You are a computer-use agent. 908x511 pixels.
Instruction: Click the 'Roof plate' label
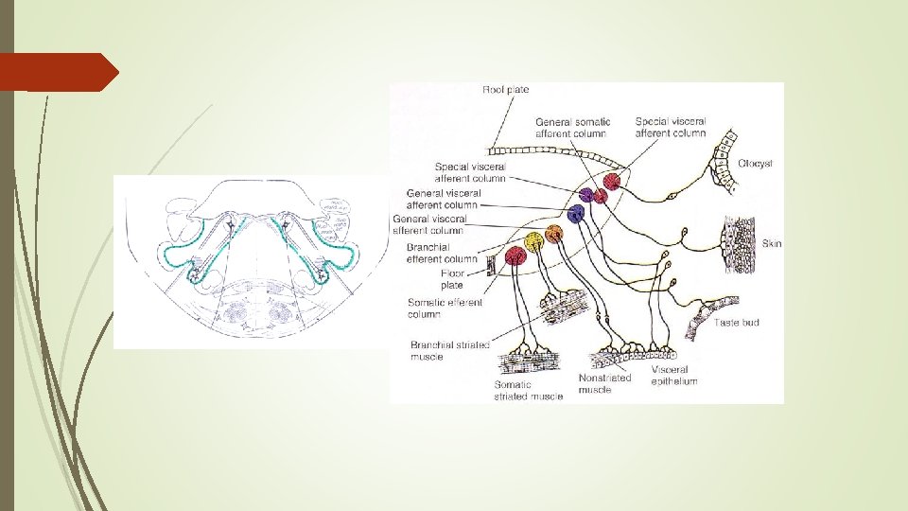pos(505,90)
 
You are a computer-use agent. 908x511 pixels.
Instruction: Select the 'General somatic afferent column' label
pos(572,128)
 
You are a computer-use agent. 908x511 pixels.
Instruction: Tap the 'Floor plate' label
pos(452,279)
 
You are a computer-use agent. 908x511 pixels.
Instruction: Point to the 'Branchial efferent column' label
pos(442,254)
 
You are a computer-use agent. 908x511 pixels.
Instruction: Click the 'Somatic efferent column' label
pos(445,308)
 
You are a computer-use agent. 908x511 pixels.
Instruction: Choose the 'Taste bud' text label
pos(737,323)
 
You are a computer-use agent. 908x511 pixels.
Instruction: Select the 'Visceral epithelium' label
pos(674,376)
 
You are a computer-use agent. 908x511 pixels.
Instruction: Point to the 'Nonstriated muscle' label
pos(604,383)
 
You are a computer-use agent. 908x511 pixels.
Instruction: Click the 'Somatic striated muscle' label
pos(528,391)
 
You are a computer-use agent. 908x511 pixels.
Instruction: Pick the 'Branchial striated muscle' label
pos(449,350)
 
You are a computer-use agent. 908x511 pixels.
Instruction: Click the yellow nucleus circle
pos(534,241)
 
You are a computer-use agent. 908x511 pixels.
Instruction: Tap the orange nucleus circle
pos(554,234)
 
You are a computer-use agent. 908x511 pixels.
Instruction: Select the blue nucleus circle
pos(576,212)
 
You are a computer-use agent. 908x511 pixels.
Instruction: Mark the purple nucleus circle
pos(588,195)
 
